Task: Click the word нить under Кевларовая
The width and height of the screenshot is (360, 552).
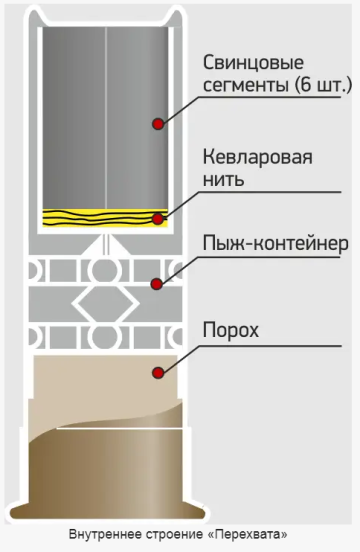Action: tap(222, 182)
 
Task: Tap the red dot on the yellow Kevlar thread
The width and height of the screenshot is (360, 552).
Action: tap(157, 217)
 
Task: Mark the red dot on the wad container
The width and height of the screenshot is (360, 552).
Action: tap(157, 283)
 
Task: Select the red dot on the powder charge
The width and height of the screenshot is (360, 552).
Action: tap(157, 373)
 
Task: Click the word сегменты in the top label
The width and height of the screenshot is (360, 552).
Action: tap(243, 85)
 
